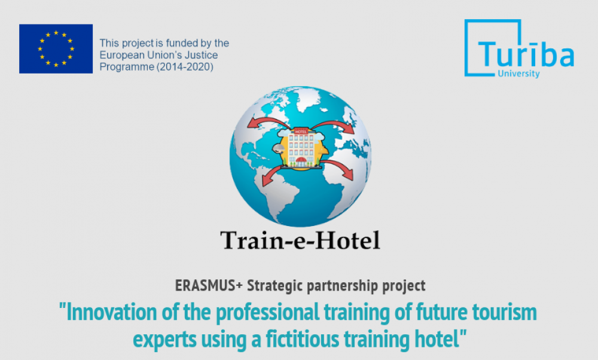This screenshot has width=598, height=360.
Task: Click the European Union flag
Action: [x=56, y=49]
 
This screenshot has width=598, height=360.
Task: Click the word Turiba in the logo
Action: [x=526, y=54]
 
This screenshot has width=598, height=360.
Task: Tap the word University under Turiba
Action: [x=518, y=73]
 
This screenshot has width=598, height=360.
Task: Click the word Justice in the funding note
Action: [x=202, y=55]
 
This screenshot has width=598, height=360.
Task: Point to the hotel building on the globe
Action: [x=301, y=148]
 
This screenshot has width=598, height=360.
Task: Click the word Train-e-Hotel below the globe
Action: [x=300, y=240]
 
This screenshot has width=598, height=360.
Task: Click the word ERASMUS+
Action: [x=209, y=286]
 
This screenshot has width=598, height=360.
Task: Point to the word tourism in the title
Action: [x=505, y=312]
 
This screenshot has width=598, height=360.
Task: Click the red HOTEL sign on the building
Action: [x=301, y=132]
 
